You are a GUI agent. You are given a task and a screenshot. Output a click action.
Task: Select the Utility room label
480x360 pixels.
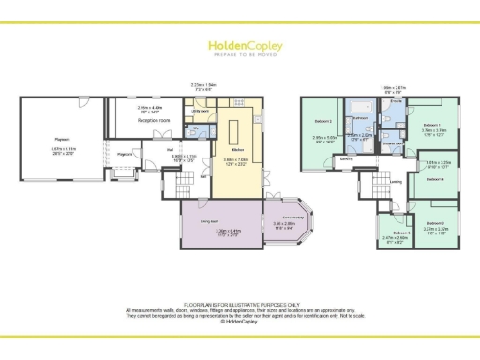click(x=200, y=111)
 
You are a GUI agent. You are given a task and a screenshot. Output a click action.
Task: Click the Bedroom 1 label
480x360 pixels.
click(x=432, y=125)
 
